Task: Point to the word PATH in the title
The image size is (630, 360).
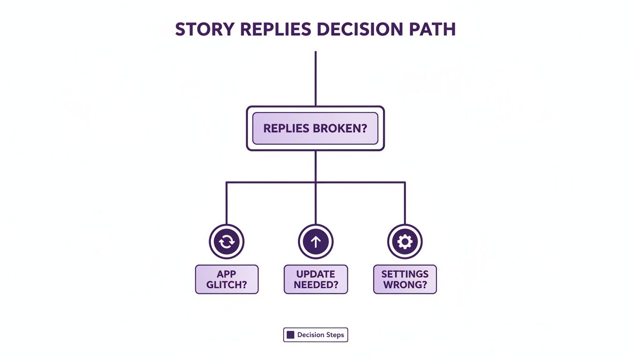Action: point(432,29)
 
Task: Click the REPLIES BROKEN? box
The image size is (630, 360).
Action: point(315,128)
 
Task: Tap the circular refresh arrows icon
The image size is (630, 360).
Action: point(226,242)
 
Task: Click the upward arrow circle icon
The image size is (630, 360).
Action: point(315,242)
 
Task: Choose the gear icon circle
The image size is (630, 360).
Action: point(405,242)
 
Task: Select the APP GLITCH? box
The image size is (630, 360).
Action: point(226,279)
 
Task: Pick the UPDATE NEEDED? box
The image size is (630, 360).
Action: point(315,279)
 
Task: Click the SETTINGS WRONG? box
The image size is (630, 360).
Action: point(405,279)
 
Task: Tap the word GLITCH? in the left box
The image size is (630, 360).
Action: point(226,285)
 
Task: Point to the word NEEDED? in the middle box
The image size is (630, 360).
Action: point(315,285)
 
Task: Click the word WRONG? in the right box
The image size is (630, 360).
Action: point(405,285)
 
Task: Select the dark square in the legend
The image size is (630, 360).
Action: point(291,335)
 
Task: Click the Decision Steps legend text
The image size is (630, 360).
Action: point(321,335)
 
